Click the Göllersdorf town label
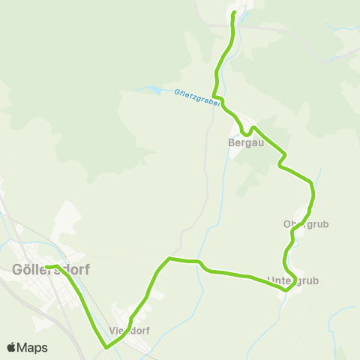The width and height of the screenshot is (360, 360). click(50, 271)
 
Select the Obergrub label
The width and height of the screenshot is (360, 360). click(306, 223)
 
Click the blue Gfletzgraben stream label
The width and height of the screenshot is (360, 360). click(196, 97)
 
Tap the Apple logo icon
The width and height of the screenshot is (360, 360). click(11, 347)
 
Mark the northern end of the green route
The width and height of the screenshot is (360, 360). click(234, 13)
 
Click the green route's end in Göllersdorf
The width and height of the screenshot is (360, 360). click(46, 267)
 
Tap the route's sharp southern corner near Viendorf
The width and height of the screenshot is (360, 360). click(106, 347)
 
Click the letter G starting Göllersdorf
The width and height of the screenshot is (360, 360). click(17, 271)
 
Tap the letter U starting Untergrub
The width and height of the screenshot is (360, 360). click(271, 281)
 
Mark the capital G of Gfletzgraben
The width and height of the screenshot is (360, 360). click(175, 91)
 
